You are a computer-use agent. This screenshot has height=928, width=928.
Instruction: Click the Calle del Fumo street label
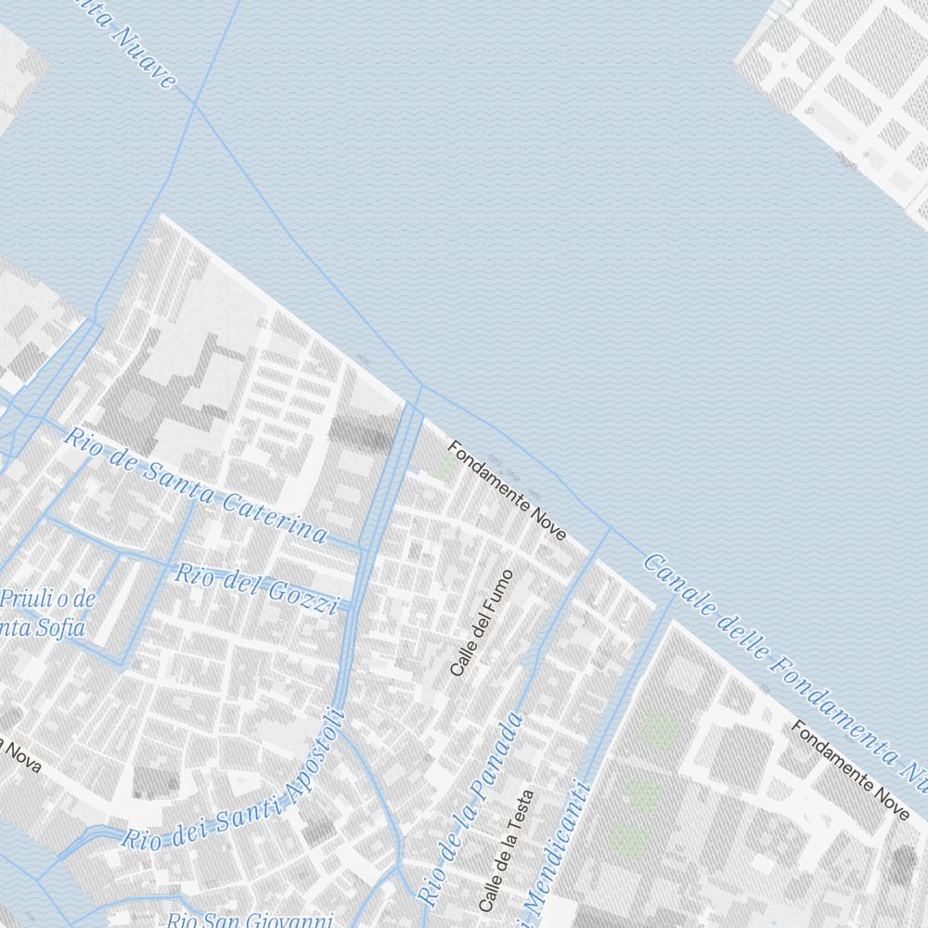tap(481, 623)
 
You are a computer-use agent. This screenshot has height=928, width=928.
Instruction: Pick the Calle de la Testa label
tap(506, 849)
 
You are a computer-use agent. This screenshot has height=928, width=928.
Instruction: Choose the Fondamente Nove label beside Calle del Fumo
tap(507, 491)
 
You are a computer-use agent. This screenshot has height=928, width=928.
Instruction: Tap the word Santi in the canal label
tap(246, 816)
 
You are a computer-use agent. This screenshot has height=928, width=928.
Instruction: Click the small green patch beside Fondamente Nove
tap(446, 464)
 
